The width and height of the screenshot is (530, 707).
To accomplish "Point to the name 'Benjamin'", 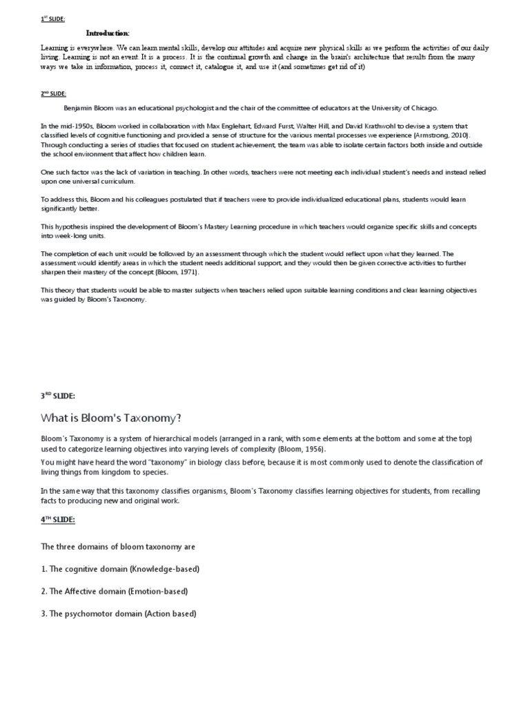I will [80, 108].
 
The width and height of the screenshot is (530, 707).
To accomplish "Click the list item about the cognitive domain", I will [121, 569].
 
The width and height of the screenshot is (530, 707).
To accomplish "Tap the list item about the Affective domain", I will [115, 591].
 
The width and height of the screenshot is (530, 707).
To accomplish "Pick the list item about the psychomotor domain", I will [119, 614].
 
